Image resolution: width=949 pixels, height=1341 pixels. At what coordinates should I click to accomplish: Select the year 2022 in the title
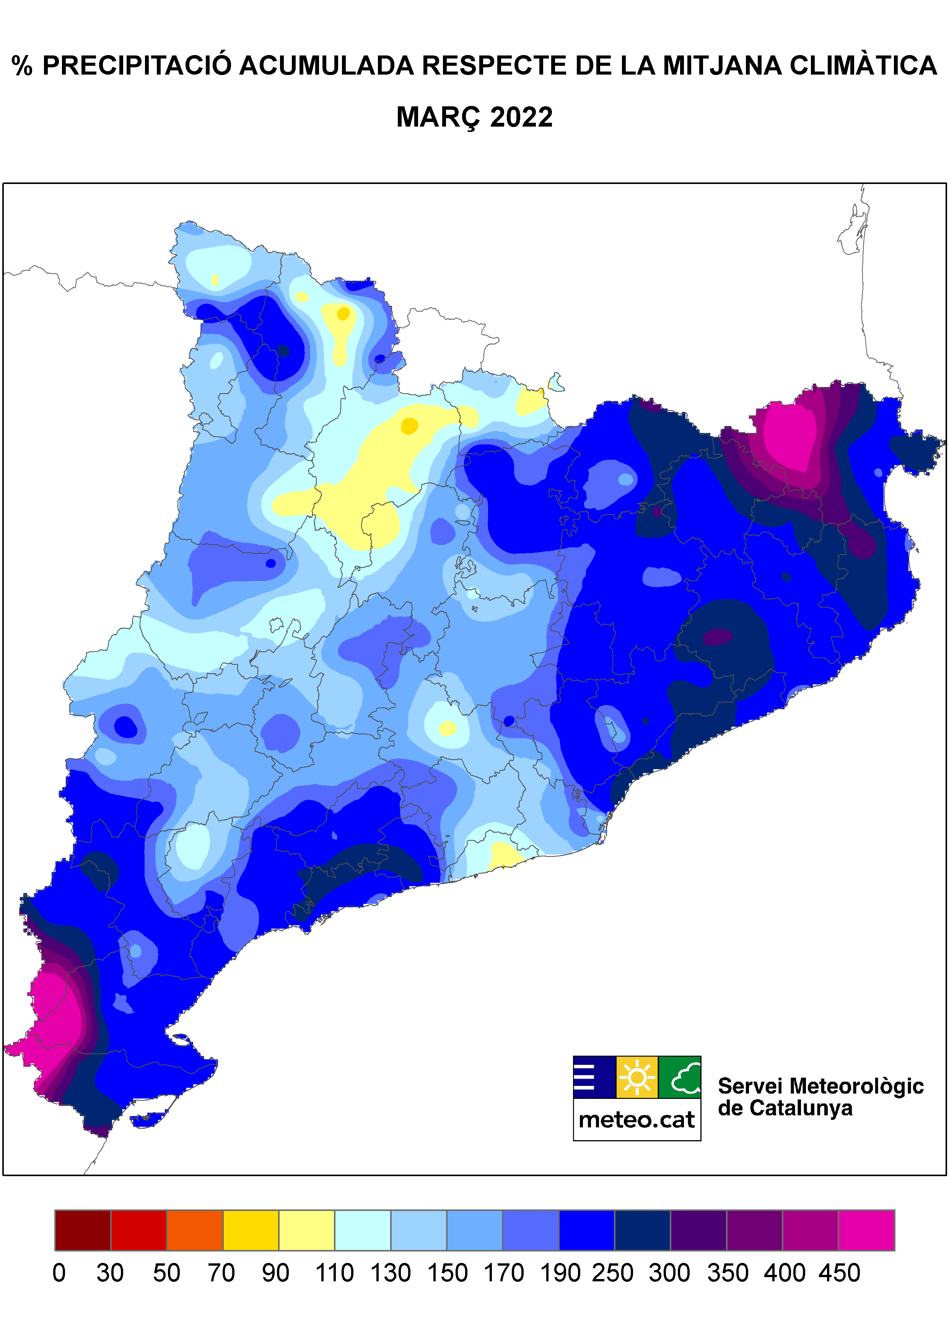coord(521,117)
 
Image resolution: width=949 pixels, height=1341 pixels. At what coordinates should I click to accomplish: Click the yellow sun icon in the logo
coord(637,1077)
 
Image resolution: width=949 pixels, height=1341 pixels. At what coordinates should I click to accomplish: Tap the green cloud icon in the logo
coord(680,1077)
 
